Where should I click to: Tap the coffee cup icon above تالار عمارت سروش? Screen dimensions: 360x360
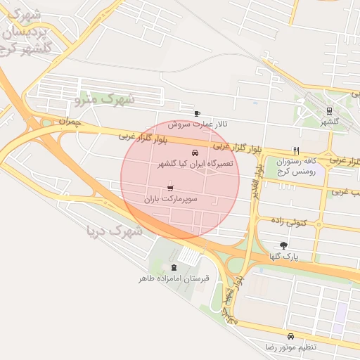click(197, 114)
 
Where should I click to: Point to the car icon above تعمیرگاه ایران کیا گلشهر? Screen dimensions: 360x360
click(194, 153)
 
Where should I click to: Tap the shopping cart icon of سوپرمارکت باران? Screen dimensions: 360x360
click(170, 188)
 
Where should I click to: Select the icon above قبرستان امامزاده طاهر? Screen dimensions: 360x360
click(174, 266)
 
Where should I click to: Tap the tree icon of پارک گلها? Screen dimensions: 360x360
click(283, 245)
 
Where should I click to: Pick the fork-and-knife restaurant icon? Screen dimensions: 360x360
click(296, 150)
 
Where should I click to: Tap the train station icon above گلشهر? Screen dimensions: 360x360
click(329, 110)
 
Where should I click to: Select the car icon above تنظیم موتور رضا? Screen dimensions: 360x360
click(290, 335)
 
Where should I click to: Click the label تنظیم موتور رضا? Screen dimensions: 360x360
click(290, 347)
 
